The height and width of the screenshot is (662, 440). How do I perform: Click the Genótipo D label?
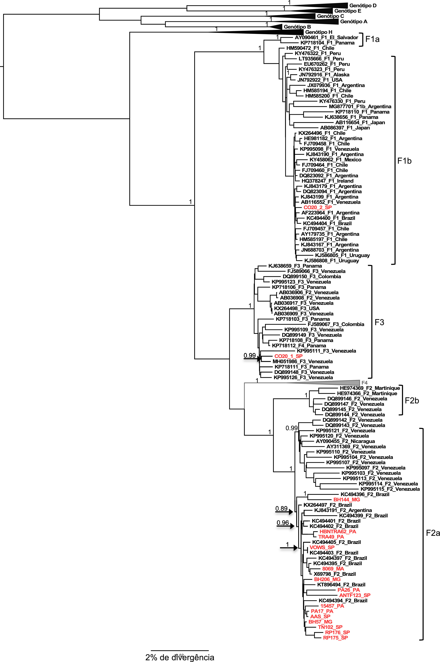363,6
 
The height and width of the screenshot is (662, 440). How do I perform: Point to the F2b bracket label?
412,400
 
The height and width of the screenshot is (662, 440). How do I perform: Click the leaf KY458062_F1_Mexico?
335,160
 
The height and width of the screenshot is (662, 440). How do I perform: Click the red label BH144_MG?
346,500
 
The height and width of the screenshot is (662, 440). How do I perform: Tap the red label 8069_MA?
333,568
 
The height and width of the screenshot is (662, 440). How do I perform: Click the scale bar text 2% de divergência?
180,657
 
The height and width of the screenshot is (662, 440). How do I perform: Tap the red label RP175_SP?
335,638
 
